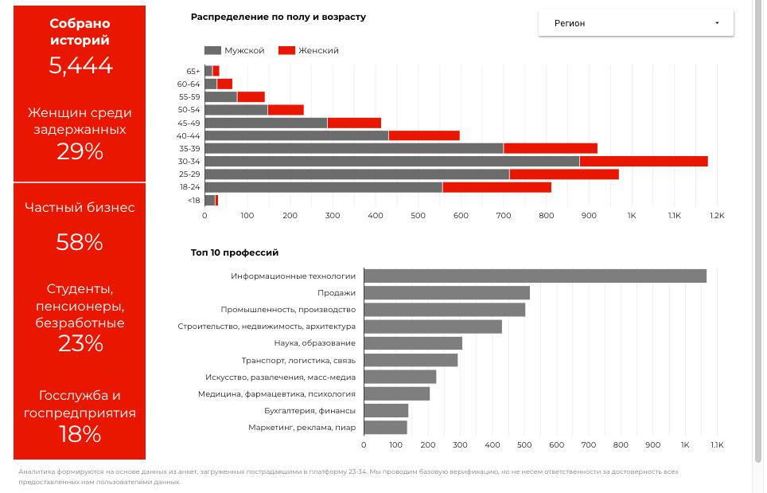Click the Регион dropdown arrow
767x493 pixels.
(717, 23)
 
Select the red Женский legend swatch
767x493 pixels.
(286, 50)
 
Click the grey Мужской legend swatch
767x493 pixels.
(212, 50)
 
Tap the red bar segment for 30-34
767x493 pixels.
(644, 161)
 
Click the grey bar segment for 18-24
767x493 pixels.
(323, 187)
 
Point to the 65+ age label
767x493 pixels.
(193, 72)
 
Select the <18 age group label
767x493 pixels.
(194, 200)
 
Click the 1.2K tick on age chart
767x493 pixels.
(717, 215)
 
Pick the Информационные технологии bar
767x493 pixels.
(535, 276)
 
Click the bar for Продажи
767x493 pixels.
(447, 293)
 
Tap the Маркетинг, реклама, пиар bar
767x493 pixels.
(385, 428)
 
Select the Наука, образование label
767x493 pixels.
(314, 343)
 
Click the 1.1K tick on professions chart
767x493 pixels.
(717, 445)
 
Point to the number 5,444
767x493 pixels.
(80, 65)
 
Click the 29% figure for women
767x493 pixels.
(80, 151)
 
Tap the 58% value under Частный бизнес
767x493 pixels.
(80, 242)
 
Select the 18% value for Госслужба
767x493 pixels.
(80, 434)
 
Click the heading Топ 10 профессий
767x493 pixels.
(235, 252)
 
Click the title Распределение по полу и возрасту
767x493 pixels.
(278, 18)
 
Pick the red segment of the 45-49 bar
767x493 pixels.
(354, 123)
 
